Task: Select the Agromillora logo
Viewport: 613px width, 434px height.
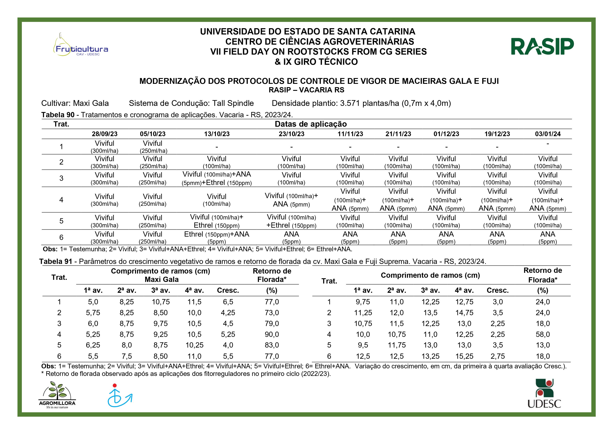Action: pos(57,395)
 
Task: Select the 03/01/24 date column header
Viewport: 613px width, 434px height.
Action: pos(548,134)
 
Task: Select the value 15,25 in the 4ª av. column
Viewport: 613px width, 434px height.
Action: pos(464,356)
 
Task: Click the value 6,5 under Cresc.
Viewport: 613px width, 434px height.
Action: pos(228,302)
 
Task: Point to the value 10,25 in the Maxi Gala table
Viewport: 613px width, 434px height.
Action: pos(194,345)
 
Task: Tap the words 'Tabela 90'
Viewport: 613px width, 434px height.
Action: pos(58,115)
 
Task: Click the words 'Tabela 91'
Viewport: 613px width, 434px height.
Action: pos(56,261)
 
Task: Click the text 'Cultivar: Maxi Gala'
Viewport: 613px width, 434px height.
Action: pos(75,103)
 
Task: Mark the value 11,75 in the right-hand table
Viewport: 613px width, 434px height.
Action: pos(397,345)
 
